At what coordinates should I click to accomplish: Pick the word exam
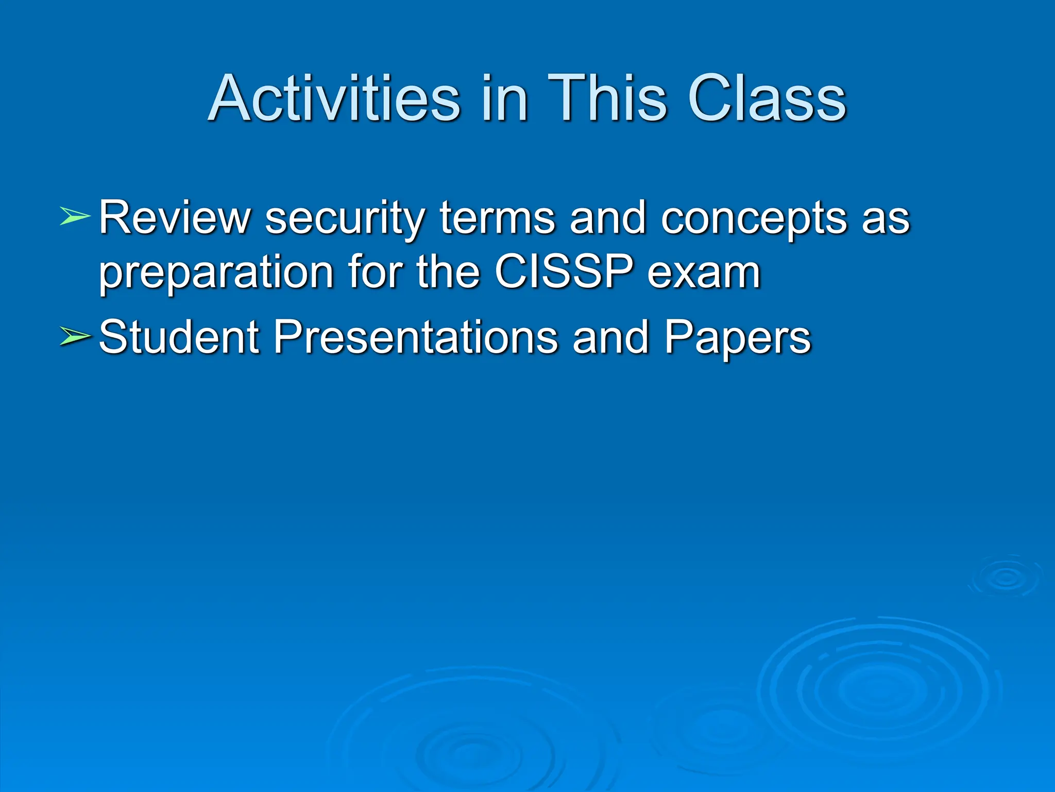(x=704, y=273)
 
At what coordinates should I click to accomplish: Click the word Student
(x=178, y=337)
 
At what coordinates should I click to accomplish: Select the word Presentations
(x=415, y=337)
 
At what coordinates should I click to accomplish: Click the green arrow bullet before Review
(x=75, y=216)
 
